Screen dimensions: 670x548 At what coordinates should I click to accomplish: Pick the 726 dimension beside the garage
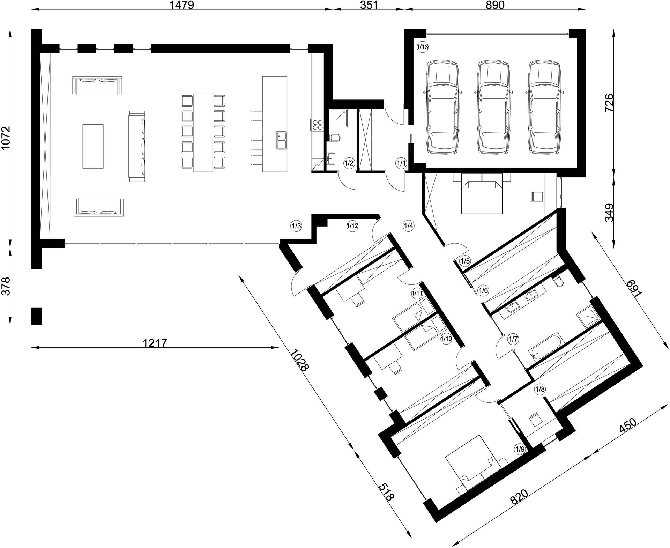click(609, 102)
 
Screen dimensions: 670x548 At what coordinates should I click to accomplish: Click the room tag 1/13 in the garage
click(422, 47)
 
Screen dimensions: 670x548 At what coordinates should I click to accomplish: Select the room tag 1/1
click(401, 163)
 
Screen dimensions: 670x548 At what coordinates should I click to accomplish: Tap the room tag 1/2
click(349, 163)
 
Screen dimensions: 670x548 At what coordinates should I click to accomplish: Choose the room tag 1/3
click(296, 225)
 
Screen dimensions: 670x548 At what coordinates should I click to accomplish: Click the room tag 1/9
click(520, 449)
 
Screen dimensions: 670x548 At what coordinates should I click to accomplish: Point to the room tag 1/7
click(513, 338)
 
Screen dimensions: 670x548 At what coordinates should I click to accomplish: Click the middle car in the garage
click(492, 107)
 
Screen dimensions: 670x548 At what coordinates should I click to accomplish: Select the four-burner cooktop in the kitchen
click(317, 125)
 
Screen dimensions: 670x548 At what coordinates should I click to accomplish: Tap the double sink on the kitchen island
click(281, 140)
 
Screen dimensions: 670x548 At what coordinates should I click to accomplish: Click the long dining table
click(203, 132)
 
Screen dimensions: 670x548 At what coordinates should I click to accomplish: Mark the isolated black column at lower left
click(36, 316)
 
